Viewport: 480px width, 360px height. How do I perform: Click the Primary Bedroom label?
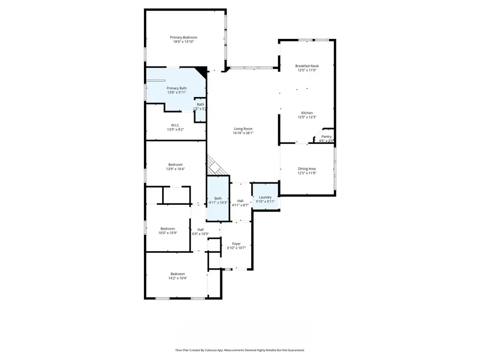(x=183, y=37)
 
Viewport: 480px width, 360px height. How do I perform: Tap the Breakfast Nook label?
(x=307, y=66)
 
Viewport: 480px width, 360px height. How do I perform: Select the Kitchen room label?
(x=307, y=113)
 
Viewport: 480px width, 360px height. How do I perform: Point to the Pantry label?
(x=326, y=137)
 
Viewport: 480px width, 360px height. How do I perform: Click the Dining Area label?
(x=307, y=169)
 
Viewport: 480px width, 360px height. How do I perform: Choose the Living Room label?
(x=243, y=129)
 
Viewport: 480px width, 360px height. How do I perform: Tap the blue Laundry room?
(x=265, y=199)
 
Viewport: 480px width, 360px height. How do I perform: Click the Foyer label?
(x=236, y=244)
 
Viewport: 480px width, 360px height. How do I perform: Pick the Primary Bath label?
(x=177, y=88)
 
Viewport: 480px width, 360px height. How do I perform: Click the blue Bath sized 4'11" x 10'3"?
(x=218, y=201)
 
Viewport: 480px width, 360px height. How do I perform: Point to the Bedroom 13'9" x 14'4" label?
(x=176, y=164)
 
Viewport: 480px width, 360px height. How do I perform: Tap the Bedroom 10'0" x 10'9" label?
(x=167, y=229)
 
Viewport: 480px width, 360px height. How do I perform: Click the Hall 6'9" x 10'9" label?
(x=201, y=229)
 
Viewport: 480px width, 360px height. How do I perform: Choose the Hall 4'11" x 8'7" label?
(x=241, y=201)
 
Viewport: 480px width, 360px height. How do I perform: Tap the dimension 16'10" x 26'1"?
(x=243, y=133)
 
